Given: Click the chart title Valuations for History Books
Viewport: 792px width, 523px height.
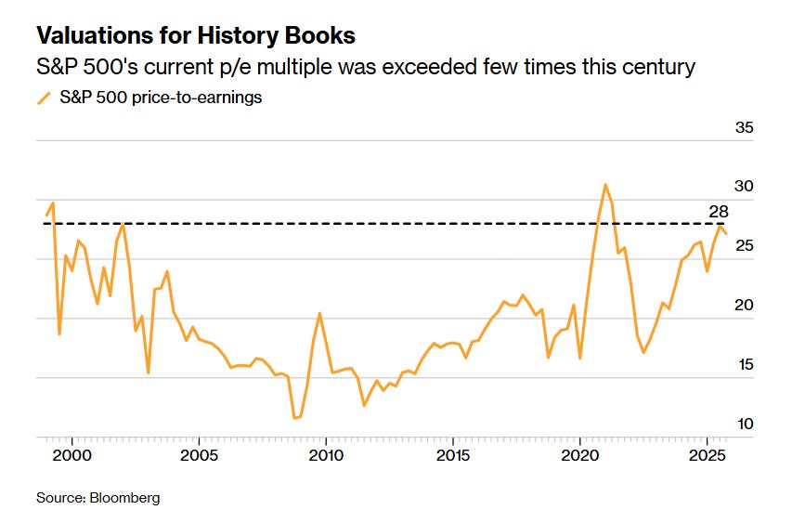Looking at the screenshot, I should (x=195, y=36).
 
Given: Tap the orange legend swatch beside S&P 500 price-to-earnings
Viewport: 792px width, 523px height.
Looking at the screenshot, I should (x=43, y=98).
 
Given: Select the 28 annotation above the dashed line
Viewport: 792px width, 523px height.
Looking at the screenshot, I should (x=717, y=212).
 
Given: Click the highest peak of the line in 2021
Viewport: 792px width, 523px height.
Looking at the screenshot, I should (x=605, y=184).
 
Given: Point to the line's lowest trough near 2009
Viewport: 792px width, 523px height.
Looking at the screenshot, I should (x=294, y=418).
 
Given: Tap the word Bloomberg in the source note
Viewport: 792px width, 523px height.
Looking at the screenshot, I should (x=124, y=498).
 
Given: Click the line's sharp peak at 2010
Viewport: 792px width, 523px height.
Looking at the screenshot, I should (x=319, y=313).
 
